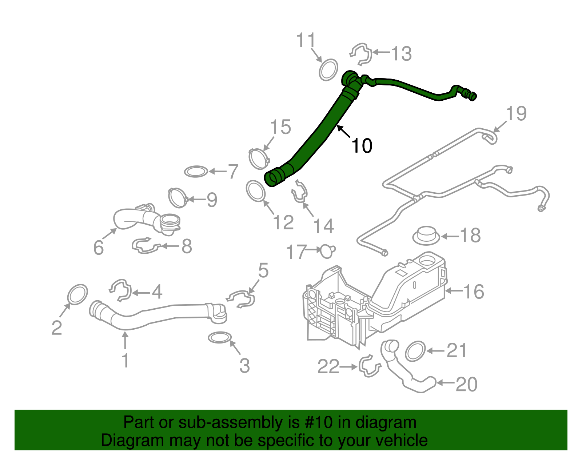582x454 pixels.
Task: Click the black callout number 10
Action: coord(362,146)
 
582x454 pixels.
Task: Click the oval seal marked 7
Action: coord(196,172)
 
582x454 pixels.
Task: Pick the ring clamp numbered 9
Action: coord(178,198)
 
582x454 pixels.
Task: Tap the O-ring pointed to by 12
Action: coord(256,191)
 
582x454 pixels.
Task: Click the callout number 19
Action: coord(516,113)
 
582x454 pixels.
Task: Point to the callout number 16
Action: coord(474,292)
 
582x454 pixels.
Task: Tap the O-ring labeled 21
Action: coord(415,351)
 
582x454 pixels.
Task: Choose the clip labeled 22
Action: coord(369,366)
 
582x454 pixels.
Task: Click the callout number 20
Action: coord(466,384)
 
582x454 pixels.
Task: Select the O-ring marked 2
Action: coord(78,294)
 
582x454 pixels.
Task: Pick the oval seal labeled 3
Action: coord(220,338)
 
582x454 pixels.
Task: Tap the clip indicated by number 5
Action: coord(241,299)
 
